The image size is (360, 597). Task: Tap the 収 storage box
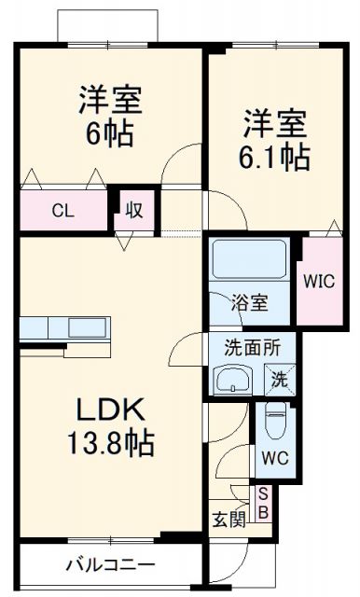tap(132, 211)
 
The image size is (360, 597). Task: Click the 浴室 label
tap(250, 303)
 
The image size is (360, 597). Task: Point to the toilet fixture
tap(277, 424)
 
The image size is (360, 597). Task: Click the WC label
tap(275, 458)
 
